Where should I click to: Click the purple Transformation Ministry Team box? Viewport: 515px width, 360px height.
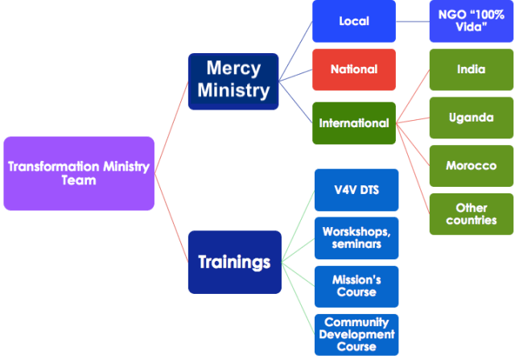[x=78, y=173]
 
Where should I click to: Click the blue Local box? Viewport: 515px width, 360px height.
[x=355, y=21]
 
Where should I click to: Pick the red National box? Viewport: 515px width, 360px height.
[x=355, y=69]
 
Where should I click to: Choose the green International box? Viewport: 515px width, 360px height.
[x=355, y=123]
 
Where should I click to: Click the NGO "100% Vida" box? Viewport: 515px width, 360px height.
[x=471, y=21]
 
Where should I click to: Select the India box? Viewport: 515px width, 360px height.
[x=471, y=69]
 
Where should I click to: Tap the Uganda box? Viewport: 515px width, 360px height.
[x=471, y=118]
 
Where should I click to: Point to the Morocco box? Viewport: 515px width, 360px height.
[x=471, y=166]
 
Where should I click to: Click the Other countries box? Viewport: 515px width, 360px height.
[x=471, y=213]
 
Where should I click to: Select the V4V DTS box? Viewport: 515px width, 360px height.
[x=356, y=190]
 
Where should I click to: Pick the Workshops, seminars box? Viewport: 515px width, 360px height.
[x=356, y=238]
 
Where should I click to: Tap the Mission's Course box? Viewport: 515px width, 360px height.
[x=356, y=286]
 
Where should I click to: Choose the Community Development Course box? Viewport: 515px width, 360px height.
[x=356, y=333]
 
